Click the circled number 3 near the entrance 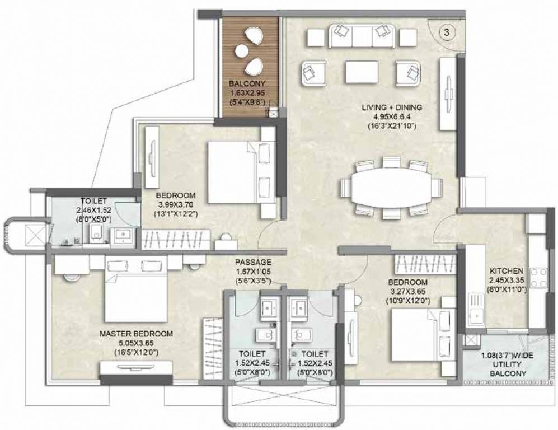coord(446,32)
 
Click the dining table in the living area coord(391,187)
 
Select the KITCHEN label coord(507,270)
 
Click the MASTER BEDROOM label coord(136,334)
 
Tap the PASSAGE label coord(253,262)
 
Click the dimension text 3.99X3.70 coord(176,204)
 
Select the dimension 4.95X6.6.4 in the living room coord(391,116)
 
